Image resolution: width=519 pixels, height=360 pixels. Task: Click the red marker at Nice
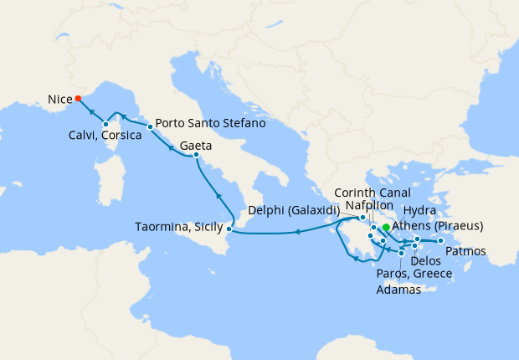(x=78, y=98)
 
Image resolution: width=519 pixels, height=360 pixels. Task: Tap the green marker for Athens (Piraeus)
(x=385, y=227)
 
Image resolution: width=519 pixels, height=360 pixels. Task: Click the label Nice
(x=59, y=99)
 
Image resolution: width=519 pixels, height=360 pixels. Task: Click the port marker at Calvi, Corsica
(x=105, y=125)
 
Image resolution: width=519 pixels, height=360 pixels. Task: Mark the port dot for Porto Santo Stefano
(x=150, y=127)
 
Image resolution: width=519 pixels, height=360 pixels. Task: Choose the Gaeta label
(x=195, y=145)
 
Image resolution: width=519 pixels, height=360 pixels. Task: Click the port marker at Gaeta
(x=195, y=155)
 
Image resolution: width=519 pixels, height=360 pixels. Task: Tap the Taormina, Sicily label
(x=178, y=227)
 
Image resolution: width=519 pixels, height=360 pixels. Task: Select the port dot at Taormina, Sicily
(x=230, y=228)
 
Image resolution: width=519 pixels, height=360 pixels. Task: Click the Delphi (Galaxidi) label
(x=298, y=210)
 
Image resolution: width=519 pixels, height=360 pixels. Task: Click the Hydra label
(x=419, y=210)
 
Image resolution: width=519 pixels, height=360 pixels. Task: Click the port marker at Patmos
(x=440, y=241)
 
